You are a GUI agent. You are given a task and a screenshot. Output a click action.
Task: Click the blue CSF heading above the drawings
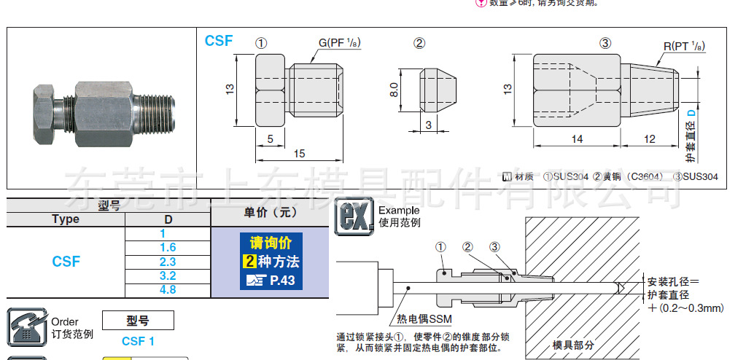(x=219, y=41)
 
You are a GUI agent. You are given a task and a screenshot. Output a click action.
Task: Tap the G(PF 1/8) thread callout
(x=341, y=43)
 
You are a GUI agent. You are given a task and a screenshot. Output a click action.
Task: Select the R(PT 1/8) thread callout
(x=683, y=45)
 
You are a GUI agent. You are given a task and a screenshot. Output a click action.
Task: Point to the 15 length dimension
(x=300, y=153)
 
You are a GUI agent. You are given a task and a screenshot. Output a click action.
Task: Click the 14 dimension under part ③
(x=577, y=139)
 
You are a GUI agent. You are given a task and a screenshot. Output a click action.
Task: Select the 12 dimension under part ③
(x=650, y=139)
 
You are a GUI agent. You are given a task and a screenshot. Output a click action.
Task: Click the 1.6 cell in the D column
(x=168, y=248)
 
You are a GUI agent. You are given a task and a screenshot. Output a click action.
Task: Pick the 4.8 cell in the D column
(x=168, y=289)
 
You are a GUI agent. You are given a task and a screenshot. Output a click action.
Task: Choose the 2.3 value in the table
(x=168, y=262)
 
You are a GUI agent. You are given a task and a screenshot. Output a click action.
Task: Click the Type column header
(x=66, y=219)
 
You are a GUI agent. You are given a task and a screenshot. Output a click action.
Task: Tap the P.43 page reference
(x=281, y=280)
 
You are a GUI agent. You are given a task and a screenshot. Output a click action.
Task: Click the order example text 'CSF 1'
(x=138, y=341)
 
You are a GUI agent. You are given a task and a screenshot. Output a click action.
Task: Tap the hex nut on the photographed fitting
(x=43, y=114)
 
